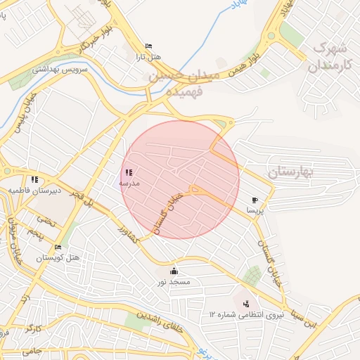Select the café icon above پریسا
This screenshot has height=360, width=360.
[x=255, y=200]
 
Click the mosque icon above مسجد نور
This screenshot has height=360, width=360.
[x=174, y=271]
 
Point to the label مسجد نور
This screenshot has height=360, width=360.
[x=174, y=281]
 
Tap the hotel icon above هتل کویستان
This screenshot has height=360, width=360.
[x=58, y=247]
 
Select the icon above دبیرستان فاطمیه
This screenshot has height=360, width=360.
[x=34, y=179]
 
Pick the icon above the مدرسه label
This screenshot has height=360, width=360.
[x=128, y=172]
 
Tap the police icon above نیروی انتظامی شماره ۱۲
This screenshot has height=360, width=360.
[x=245, y=304]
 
